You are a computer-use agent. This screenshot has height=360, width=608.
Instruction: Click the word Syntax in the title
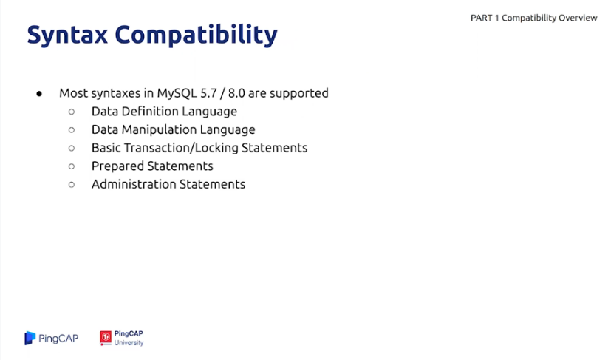point(67,35)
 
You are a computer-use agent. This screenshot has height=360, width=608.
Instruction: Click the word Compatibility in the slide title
point(197,35)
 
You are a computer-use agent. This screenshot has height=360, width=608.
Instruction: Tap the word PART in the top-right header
point(481,18)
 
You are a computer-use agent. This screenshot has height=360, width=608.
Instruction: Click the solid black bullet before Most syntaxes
point(39,93)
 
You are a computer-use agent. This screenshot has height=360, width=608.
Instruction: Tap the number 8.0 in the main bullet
point(236,93)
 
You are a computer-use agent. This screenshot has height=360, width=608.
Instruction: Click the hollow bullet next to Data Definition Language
point(72,112)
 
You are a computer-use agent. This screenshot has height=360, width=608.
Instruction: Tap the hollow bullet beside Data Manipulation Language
point(72,130)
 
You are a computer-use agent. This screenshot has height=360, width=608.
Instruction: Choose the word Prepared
point(117,166)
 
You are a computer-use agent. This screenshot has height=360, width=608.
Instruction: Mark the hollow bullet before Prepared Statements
point(72,166)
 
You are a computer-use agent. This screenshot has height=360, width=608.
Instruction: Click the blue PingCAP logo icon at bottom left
point(30,339)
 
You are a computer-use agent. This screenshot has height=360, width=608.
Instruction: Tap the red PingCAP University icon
point(106,338)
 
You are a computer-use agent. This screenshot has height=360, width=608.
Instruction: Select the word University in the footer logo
point(129,343)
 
